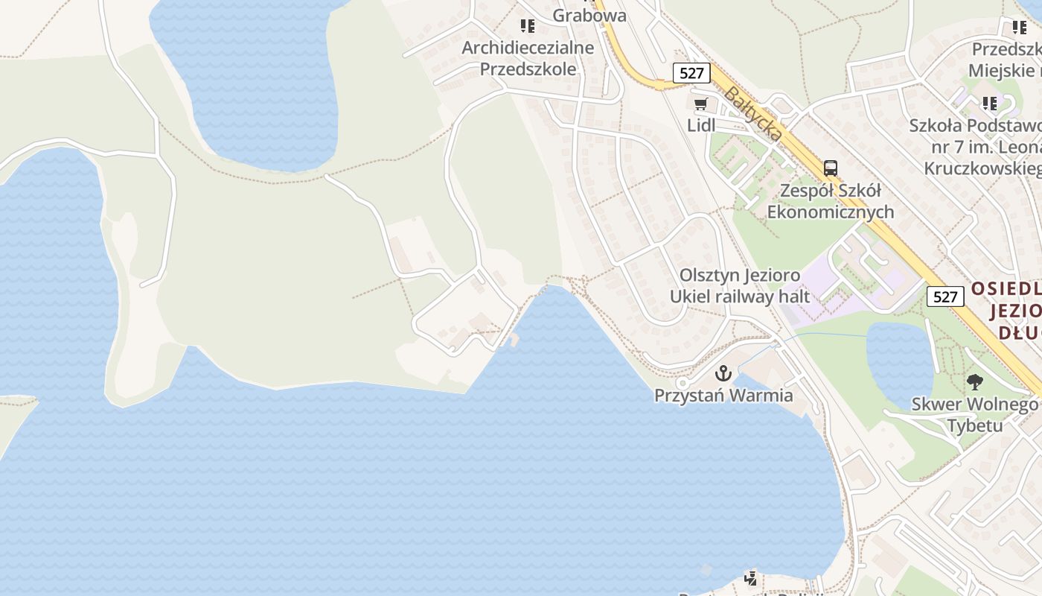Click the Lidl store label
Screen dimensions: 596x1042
[x=700, y=125]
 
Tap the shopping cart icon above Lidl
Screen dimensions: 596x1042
[x=700, y=104]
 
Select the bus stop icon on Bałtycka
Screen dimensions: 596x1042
[x=830, y=168]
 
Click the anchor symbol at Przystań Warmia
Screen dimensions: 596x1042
[x=723, y=373]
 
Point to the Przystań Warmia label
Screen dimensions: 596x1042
[x=723, y=396]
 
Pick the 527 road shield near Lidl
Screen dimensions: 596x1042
[x=691, y=73]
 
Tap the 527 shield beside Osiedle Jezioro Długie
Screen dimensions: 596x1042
[x=944, y=297]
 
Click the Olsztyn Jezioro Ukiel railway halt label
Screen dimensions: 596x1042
[x=739, y=285]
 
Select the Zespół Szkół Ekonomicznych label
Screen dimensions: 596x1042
[x=830, y=201]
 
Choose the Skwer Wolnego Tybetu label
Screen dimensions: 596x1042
[x=974, y=416]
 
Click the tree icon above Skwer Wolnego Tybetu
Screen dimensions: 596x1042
[x=974, y=383]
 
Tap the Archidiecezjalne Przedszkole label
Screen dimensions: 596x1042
[x=528, y=58]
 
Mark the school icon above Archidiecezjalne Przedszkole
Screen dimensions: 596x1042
[x=528, y=27]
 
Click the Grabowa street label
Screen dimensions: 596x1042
[x=589, y=15]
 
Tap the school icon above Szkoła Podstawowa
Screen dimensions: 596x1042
[x=989, y=103]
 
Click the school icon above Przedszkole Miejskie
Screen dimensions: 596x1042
[x=1019, y=28]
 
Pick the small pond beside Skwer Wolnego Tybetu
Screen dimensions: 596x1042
[x=898, y=358]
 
